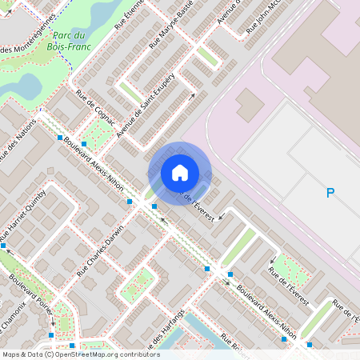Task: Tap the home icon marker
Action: (x=179, y=173)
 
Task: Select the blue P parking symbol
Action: (x=330, y=193)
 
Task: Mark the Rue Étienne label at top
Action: (x=128, y=14)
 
